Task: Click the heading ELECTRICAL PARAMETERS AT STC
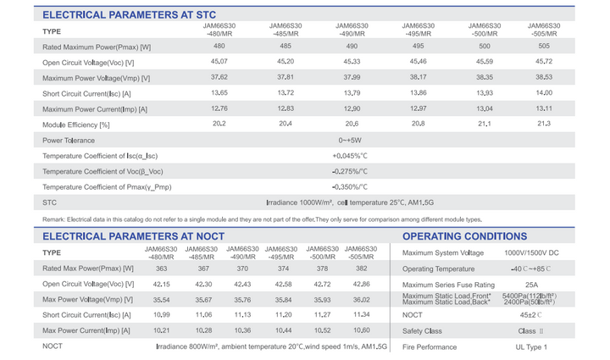pyautogui.click(x=129, y=14)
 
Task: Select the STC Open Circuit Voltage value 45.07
pyautogui.click(x=219, y=62)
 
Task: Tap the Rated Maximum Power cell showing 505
pyautogui.click(x=544, y=46)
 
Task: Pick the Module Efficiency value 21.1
pyautogui.click(x=485, y=124)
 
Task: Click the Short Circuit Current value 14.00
pyautogui.click(x=544, y=92)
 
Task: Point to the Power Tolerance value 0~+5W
pyautogui.click(x=350, y=141)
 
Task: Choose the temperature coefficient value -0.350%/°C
pyautogui.click(x=350, y=187)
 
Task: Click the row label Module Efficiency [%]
pyautogui.click(x=76, y=125)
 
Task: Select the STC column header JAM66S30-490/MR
pyautogui.click(x=352, y=30)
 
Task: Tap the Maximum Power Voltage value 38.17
pyautogui.click(x=419, y=77)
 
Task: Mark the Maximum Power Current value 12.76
pyautogui.click(x=219, y=108)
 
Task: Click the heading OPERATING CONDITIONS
pyautogui.click(x=464, y=236)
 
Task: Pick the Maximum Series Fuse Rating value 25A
pyautogui.click(x=531, y=285)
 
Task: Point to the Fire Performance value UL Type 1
pyautogui.click(x=531, y=347)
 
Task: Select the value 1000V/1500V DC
pyautogui.click(x=531, y=253)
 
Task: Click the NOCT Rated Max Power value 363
pyautogui.click(x=162, y=269)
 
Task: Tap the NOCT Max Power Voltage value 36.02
pyautogui.click(x=362, y=300)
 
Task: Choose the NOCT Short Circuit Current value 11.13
pyautogui.click(x=242, y=315)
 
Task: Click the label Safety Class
pyautogui.click(x=422, y=331)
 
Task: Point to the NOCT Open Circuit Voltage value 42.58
pyautogui.click(x=283, y=285)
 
